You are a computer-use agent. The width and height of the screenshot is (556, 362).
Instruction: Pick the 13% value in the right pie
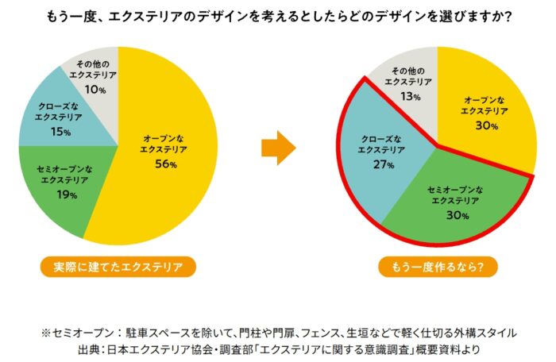(411, 96)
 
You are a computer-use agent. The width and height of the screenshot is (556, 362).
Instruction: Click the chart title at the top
(278, 15)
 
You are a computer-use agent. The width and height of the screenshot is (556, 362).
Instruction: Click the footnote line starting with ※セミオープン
(278, 330)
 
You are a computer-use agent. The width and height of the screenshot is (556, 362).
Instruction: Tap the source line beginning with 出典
(278, 348)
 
